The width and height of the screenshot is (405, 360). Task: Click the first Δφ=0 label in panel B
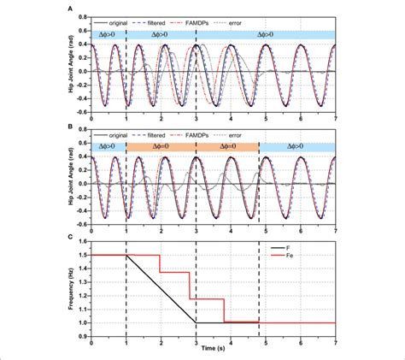pyautogui.click(x=161, y=147)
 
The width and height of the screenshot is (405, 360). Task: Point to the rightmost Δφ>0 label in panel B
pyautogui.click(x=296, y=147)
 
